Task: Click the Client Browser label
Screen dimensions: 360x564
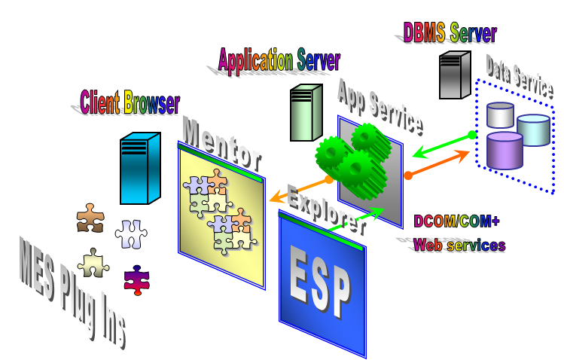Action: pos(130,102)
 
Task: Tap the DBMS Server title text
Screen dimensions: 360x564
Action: pos(450,33)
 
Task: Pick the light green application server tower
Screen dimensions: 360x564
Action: pos(306,113)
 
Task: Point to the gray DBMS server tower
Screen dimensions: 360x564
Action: pos(455,75)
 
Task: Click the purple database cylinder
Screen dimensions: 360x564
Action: pos(505,150)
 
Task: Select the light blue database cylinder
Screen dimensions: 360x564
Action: pos(533,130)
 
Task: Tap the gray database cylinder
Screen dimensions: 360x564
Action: pos(500,115)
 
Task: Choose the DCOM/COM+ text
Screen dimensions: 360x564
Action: pos(456,221)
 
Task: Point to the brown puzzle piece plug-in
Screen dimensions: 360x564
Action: pos(90,218)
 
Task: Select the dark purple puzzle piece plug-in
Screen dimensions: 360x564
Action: pos(137,278)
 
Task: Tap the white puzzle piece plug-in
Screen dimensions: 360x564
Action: pos(130,234)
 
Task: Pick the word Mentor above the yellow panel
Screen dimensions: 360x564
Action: pos(221,143)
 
